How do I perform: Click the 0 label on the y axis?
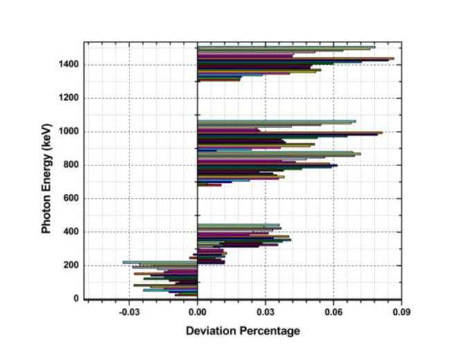pyautogui.click(x=76, y=299)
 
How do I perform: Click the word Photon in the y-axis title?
pyautogui.click(x=46, y=211)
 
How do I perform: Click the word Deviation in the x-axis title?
pyautogui.click(x=212, y=331)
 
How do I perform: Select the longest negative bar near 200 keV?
pyautogui.click(x=160, y=262)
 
